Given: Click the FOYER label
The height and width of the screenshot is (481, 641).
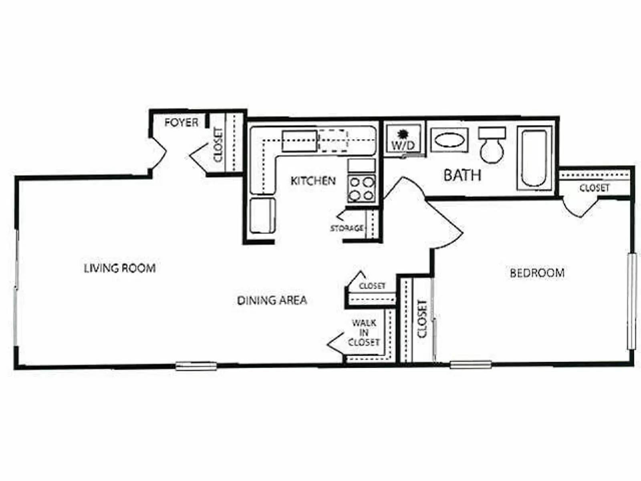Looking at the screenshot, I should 181,122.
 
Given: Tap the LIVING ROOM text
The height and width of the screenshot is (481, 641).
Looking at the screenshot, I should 120,268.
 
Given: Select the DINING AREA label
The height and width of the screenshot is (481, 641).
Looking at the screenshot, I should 272,300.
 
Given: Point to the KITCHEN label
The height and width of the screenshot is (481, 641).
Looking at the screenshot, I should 313,181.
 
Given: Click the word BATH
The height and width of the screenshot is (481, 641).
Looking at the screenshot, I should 462,175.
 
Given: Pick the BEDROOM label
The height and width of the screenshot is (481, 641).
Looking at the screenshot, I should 537,273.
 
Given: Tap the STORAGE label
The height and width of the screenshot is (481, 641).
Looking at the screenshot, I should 347,228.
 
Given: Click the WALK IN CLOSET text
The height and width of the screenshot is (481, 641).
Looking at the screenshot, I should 364,333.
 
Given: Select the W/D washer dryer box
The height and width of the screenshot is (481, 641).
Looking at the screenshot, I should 403,139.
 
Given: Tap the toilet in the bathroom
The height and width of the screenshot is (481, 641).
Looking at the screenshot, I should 492,145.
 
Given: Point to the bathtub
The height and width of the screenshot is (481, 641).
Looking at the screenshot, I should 534,158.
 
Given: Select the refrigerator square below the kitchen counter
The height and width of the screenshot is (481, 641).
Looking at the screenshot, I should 262,215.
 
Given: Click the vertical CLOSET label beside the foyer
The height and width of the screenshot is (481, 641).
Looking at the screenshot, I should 218,145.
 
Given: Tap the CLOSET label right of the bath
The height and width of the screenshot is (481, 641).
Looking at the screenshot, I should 594,188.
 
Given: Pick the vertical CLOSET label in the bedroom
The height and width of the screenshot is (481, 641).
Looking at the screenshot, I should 422,319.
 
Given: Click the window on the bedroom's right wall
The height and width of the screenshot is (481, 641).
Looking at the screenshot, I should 632,301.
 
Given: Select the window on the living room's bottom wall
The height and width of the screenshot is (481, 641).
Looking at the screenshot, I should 196,366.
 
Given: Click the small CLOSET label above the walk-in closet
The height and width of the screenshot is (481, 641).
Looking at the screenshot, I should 372,286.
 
